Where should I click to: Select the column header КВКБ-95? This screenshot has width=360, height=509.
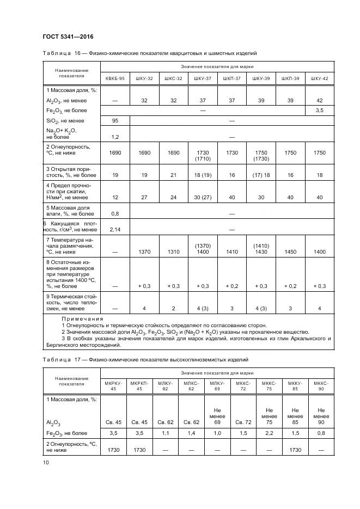(115, 78)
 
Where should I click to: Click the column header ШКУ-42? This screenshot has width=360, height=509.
(319, 78)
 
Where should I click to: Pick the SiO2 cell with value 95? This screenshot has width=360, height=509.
(115, 120)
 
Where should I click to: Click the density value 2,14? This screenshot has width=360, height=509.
(115, 230)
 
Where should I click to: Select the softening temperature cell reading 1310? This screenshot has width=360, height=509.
(173, 252)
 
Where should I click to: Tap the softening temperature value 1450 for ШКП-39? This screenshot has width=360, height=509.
(290, 252)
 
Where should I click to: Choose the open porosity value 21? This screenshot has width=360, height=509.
(173, 176)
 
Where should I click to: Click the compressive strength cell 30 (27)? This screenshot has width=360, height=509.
(202, 198)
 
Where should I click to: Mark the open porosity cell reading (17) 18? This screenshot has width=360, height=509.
(261, 176)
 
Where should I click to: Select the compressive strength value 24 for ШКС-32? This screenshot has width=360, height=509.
(173, 198)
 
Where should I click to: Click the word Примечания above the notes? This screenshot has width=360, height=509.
(82, 318)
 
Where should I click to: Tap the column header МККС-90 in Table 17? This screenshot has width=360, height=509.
(321, 385)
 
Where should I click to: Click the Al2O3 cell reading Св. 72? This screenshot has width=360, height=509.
(242, 422)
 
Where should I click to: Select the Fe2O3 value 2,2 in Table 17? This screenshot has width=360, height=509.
(269, 433)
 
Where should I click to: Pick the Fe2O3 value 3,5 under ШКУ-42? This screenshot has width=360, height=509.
(319, 111)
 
